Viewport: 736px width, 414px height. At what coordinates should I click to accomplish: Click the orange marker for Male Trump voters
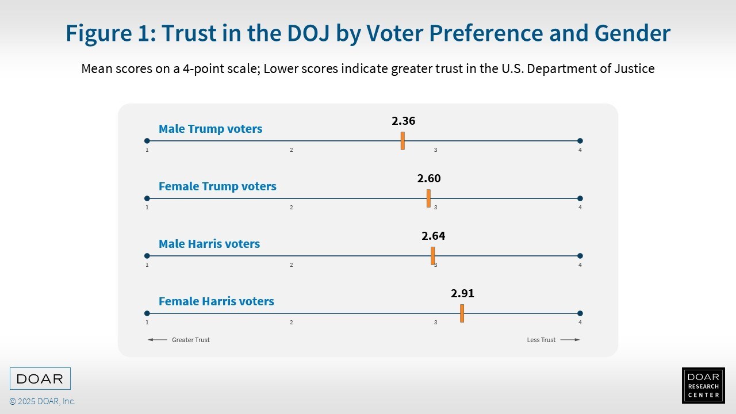[402, 141]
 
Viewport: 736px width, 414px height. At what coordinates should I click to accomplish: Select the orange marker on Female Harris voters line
[462, 313]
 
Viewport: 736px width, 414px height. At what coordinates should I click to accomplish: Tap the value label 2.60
[429, 179]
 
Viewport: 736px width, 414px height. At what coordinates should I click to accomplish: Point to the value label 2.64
[434, 236]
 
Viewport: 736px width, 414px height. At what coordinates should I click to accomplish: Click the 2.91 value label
[462, 294]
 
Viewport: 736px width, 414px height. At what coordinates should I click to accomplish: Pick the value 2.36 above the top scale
[403, 121]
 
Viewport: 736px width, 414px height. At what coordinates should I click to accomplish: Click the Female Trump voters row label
[217, 186]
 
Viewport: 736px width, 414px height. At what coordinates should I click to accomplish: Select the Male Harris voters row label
[209, 244]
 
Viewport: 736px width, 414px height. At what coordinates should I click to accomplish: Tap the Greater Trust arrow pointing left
[158, 340]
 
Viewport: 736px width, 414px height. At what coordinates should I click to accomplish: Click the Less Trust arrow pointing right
[570, 340]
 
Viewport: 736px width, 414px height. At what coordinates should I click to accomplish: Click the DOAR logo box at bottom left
[40, 379]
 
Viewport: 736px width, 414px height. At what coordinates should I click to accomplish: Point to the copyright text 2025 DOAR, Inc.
[43, 401]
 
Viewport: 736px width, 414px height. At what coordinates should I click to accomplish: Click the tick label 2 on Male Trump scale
[292, 150]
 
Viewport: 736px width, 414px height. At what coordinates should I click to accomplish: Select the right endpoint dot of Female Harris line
[580, 313]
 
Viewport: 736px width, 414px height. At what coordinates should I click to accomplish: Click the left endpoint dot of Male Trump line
[147, 141]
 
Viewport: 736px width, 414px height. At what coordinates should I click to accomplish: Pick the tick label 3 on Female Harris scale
[435, 323]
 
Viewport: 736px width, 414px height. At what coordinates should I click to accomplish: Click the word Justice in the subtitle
[634, 69]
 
